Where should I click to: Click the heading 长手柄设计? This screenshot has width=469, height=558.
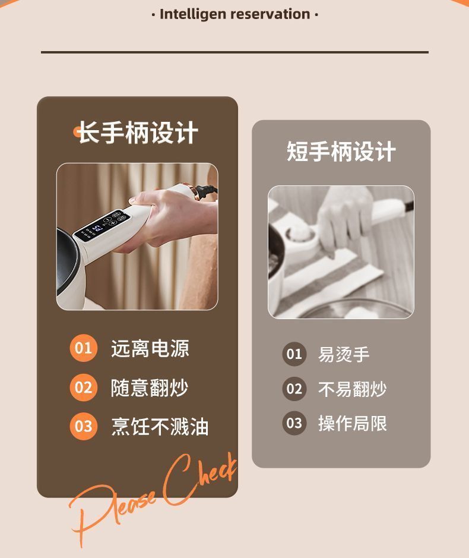coord(138,133)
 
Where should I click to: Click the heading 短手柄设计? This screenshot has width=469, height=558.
coord(341,152)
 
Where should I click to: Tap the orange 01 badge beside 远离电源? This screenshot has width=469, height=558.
coord(83,348)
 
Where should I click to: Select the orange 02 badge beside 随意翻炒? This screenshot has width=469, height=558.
coord(83,387)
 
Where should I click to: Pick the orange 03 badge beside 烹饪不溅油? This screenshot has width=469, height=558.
coord(83,426)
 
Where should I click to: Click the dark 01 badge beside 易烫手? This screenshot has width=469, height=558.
coord(294,354)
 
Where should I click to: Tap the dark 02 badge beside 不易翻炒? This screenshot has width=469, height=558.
coord(294,389)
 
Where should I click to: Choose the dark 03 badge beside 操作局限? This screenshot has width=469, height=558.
coord(294,423)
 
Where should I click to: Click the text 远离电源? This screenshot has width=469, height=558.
coord(150,348)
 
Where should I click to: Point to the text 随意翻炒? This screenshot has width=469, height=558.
coord(150,388)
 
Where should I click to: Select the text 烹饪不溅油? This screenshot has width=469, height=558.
coord(160,427)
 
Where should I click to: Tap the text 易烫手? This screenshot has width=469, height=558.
coord(344,355)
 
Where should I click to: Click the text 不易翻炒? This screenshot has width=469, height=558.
coord(352,389)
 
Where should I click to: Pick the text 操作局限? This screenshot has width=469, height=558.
coord(352,424)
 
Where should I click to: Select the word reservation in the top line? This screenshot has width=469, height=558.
coord(270,14)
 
